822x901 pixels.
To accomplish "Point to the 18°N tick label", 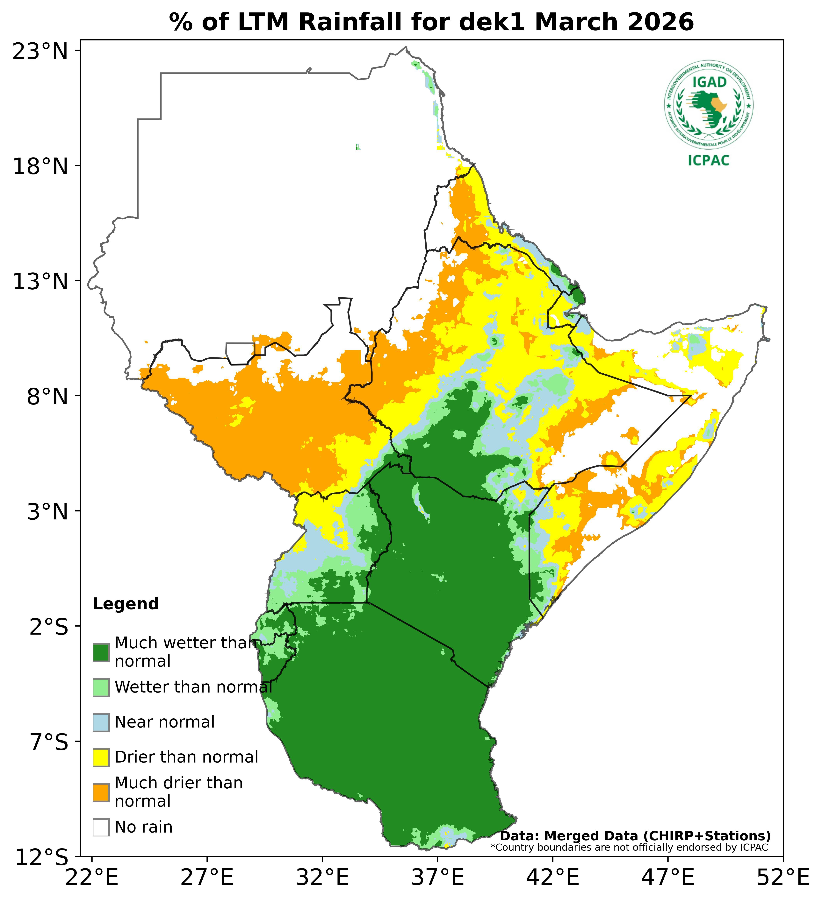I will point(40,167).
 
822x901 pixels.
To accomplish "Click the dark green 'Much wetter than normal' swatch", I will point(101,652).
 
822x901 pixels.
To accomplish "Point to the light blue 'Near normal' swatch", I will point(101,722).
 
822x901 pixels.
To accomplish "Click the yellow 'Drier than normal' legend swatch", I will point(101,757).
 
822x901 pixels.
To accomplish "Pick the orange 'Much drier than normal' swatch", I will point(101,792).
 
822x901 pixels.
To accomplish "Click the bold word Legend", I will point(126,604).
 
